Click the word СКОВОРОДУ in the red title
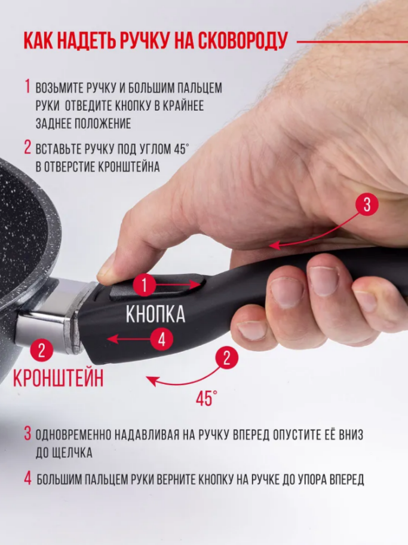tap(243, 41)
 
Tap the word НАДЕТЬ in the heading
tap(85, 41)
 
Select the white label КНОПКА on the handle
tap(155, 314)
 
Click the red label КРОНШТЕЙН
tap(59, 378)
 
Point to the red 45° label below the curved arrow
tap(207, 398)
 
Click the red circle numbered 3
tap(367, 205)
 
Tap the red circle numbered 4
tap(162, 339)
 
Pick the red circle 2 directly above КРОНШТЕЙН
tap(42, 350)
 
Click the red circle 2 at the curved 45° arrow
tap(226, 358)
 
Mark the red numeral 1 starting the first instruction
tap(27, 87)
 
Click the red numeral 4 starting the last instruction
tap(27, 478)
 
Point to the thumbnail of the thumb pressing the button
tap(106, 265)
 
